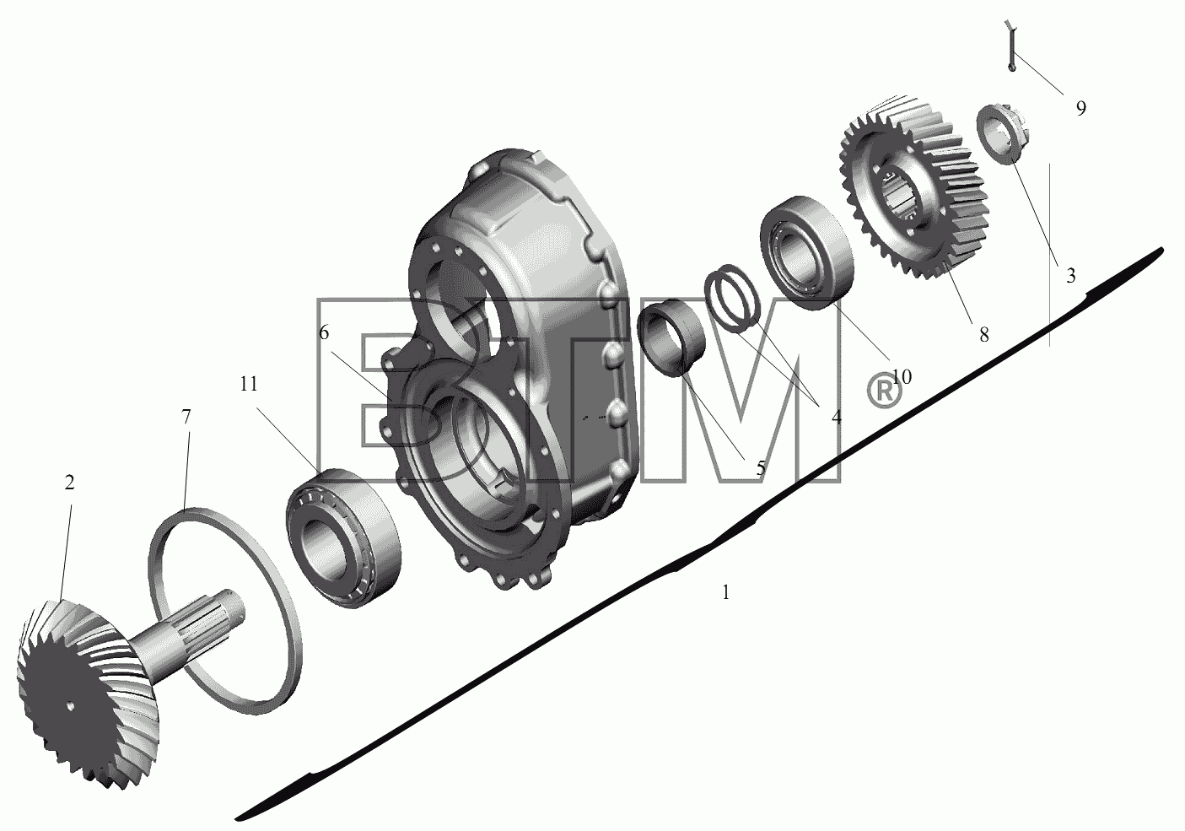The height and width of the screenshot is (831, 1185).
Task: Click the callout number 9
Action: point(1081,108)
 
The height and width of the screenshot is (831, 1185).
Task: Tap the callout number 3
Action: point(1071,275)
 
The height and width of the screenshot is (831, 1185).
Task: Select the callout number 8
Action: point(984,335)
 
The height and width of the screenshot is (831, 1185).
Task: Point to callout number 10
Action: point(902,377)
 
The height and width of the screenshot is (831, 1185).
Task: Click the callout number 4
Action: point(836,418)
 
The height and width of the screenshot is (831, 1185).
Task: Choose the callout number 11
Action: point(249,384)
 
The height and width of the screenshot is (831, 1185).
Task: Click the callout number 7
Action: point(186,417)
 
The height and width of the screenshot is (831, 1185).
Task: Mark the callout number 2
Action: point(69,483)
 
